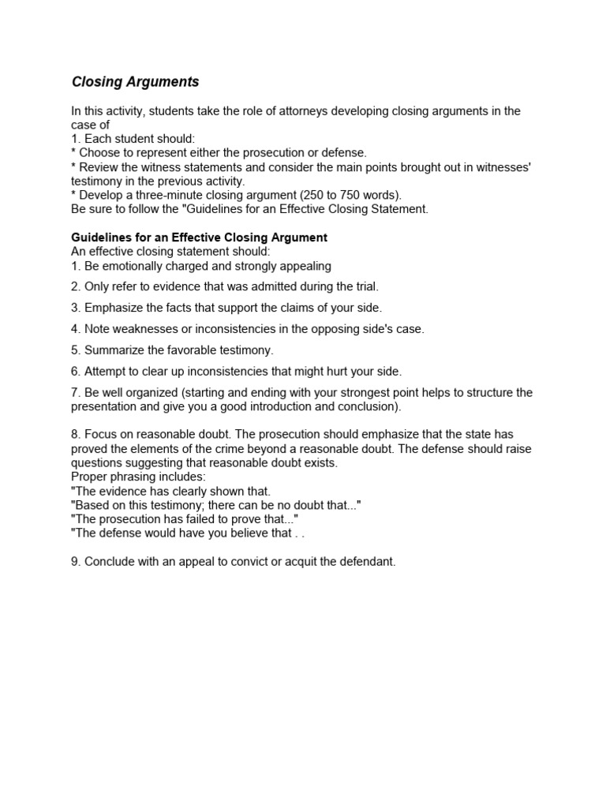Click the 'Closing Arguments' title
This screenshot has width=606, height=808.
[135, 82]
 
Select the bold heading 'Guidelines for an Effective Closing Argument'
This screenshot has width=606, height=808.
[199, 238]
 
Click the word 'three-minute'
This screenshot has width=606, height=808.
[170, 195]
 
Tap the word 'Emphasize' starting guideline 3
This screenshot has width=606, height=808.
[112, 308]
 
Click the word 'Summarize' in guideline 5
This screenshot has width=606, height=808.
[113, 350]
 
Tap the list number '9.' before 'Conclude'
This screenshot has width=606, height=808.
[76, 562]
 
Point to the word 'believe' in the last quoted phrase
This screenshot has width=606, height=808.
[241, 533]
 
